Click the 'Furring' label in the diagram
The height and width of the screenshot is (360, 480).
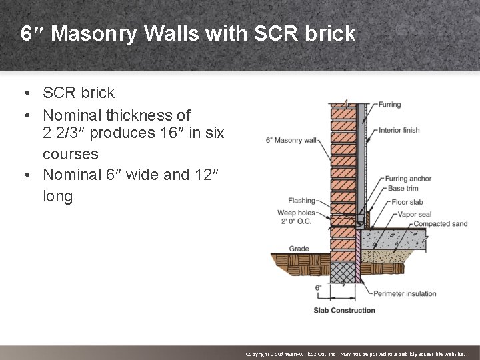point(389,105)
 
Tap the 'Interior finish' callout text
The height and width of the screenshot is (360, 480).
point(399,130)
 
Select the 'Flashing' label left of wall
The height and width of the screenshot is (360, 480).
point(301,200)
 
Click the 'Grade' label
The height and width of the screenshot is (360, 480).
point(299,249)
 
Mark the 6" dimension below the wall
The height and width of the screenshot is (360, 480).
point(318,288)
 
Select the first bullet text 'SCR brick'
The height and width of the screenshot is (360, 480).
point(79,92)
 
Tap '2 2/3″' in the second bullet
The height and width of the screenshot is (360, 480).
point(64,133)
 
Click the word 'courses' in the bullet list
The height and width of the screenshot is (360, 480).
point(71,154)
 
